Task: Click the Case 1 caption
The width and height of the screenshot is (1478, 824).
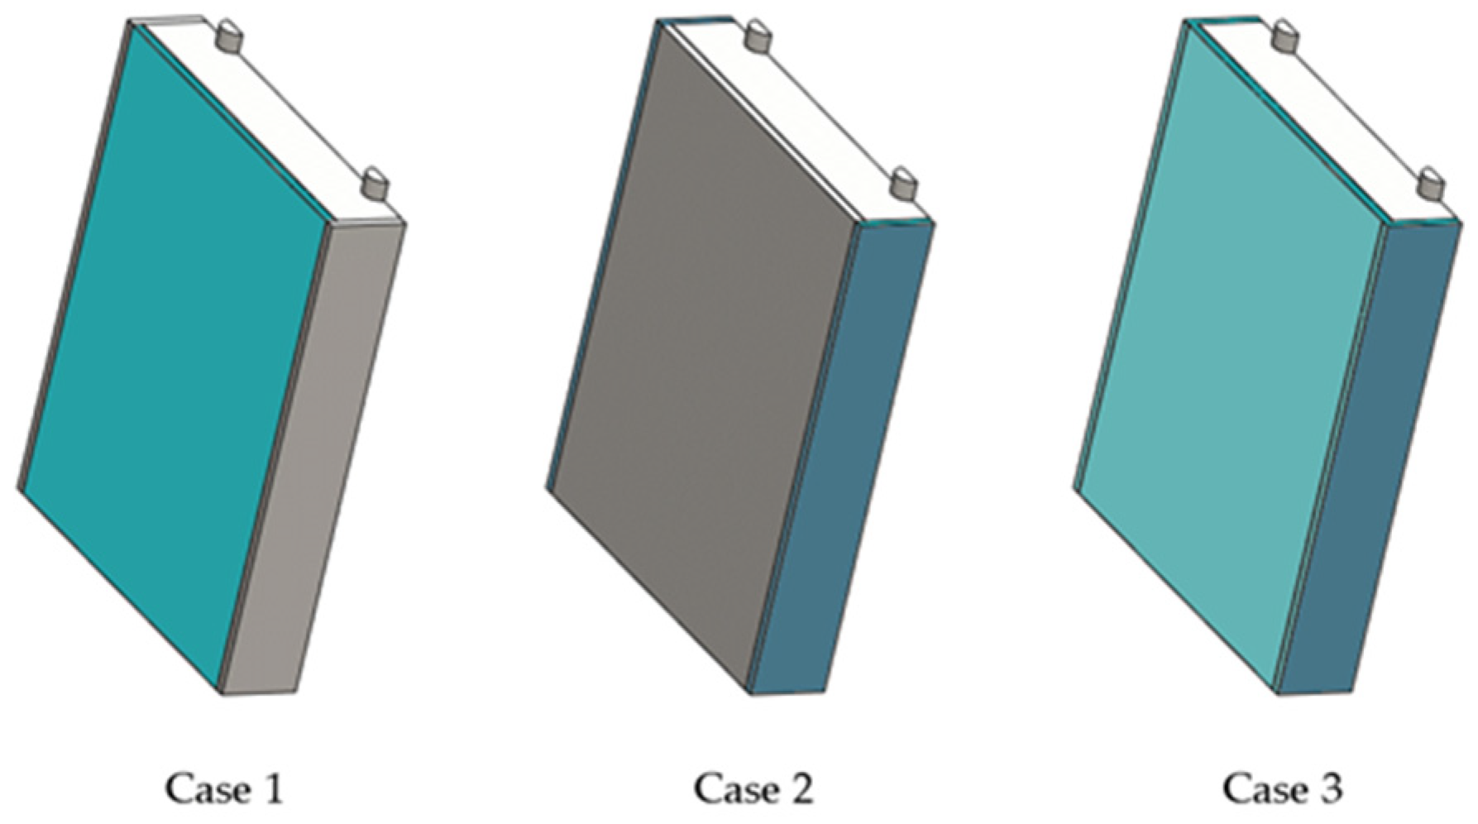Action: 224,788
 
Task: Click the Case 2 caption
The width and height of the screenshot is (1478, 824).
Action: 753,788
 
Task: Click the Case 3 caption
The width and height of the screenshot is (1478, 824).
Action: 1283,788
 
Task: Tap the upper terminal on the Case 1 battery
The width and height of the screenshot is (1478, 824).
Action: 229,38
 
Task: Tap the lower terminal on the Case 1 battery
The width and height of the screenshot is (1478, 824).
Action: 375,184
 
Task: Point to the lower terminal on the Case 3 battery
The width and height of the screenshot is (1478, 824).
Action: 1433,184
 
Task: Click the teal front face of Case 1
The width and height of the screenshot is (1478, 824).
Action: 178,356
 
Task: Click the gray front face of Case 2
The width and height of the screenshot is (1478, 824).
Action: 703,356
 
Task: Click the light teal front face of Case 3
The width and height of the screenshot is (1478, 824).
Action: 1232,356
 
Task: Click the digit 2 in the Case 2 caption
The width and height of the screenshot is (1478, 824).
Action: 799,788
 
